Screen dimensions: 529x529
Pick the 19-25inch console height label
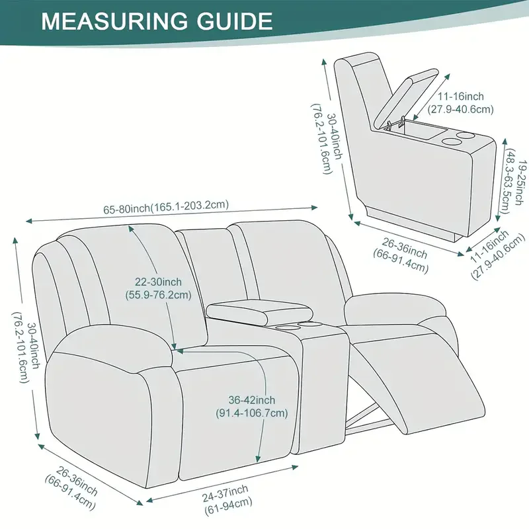point(516,172)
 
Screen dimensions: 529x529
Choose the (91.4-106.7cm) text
point(252,413)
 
